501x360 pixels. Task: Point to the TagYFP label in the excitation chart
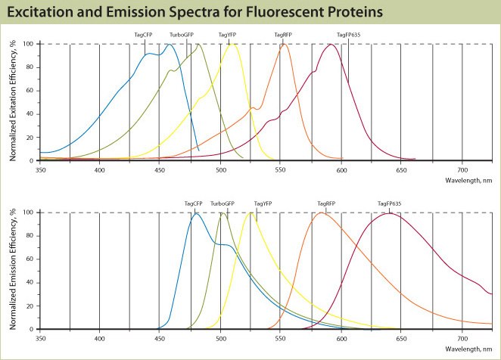(x=228, y=35)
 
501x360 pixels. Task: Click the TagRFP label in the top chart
(x=283, y=35)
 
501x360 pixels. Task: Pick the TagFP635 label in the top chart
(x=349, y=35)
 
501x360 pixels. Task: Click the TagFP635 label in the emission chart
(x=391, y=203)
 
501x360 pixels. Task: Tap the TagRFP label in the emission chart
(x=326, y=203)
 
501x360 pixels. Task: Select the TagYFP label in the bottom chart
(x=263, y=203)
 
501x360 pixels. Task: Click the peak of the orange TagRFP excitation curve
(x=284, y=44)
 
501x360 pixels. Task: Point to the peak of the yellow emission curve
(x=251, y=213)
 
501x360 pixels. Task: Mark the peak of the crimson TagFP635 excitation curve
(x=331, y=44)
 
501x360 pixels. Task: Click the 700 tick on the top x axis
(x=463, y=170)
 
